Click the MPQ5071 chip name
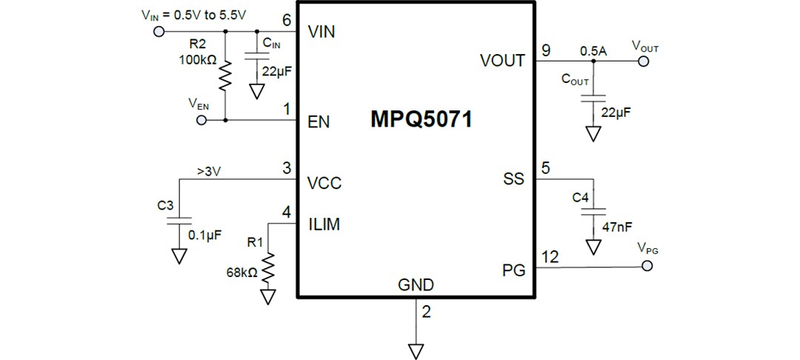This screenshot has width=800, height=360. pos(421,120)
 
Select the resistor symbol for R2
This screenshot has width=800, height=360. pos(224,75)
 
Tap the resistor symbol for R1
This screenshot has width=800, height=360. pos(267,268)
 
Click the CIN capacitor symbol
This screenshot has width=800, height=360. pos(256,57)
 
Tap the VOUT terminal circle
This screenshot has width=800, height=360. pos(643,61)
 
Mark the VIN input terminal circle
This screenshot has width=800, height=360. pos(158,31)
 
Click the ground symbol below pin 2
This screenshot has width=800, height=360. pos(416,349)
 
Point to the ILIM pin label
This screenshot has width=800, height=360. pos(324,224)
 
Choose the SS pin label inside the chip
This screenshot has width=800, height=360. pos(513,179)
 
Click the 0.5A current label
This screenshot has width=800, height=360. pos(593,51)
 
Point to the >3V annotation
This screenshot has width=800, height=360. pos(209,172)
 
